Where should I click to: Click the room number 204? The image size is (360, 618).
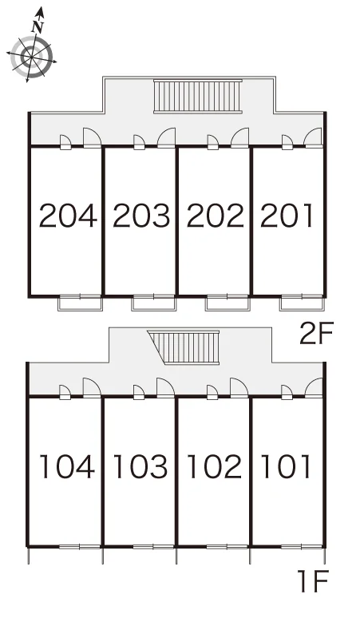click(68, 216)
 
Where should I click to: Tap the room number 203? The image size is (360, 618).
click(141, 216)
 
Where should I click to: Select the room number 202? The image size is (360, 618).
click(215, 216)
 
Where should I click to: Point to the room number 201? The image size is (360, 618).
click(287, 216)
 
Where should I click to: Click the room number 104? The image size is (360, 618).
click(67, 466)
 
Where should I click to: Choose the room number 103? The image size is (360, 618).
click(140, 466)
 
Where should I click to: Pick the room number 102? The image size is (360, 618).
click(214, 466)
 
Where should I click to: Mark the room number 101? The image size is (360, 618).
click(286, 466)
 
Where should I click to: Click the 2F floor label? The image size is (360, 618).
click(316, 333)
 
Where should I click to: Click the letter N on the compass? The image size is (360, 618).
click(38, 26)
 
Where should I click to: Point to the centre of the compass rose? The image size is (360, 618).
click(31, 57)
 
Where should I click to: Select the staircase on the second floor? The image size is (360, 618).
click(198, 96)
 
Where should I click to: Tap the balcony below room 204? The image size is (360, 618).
click(81, 303)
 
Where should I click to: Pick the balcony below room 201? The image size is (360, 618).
click(302, 303)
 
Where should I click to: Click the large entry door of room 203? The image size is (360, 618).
click(166, 137)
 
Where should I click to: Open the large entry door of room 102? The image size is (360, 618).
click(239, 387)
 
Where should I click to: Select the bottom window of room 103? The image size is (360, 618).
click(153, 547)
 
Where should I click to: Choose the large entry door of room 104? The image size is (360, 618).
click(92, 387)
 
